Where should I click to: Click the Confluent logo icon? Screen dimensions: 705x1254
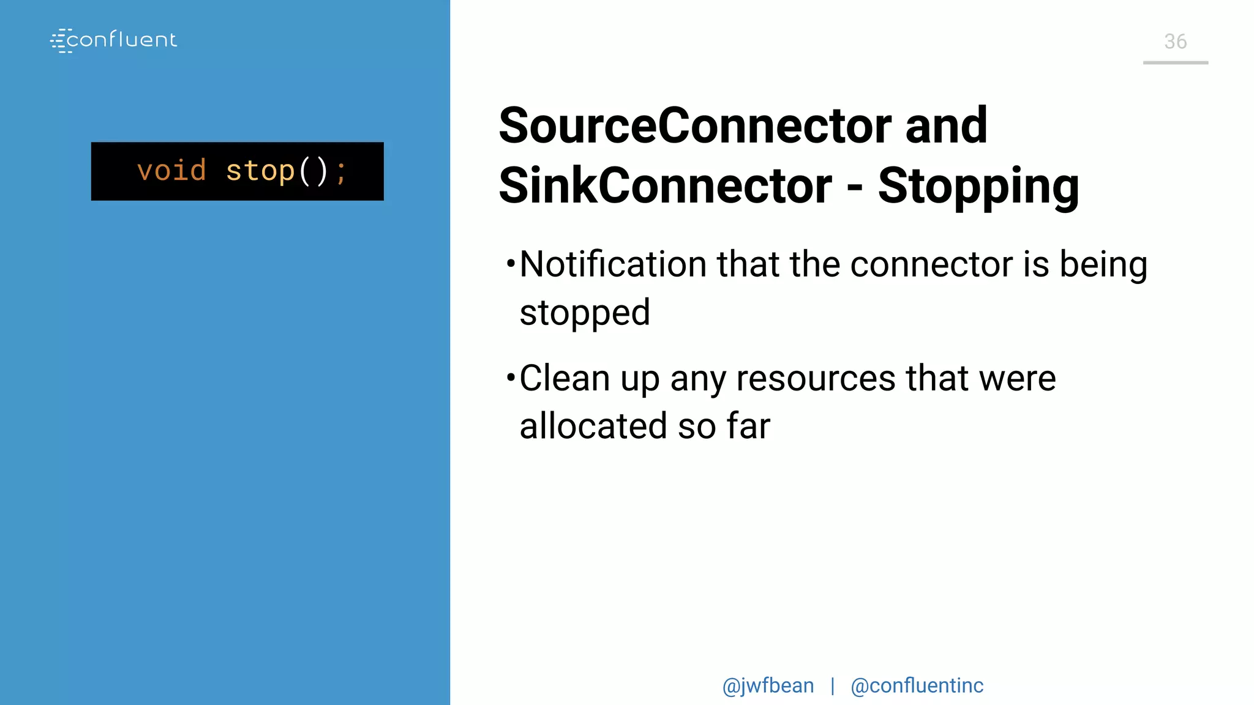[x=61, y=40]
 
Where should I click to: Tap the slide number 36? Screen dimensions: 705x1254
[x=1175, y=42]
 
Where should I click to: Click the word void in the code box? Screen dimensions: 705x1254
[x=171, y=171]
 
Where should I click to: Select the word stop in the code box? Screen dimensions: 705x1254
[x=260, y=171]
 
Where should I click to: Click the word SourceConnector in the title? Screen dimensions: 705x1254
[x=696, y=126]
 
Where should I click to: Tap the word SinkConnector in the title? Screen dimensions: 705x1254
[x=665, y=185]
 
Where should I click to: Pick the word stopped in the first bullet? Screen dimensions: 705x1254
[x=585, y=313]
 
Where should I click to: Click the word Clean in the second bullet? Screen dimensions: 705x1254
[x=565, y=378]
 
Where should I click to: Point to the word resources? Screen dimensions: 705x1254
[x=816, y=378]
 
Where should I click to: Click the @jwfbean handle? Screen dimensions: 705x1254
[x=768, y=686]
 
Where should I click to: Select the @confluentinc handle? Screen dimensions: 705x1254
[x=917, y=686]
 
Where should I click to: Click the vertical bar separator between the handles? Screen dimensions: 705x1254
[x=832, y=686]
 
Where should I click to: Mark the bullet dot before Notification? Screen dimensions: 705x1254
[x=511, y=264]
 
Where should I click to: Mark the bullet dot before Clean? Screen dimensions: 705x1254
[x=511, y=378]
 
